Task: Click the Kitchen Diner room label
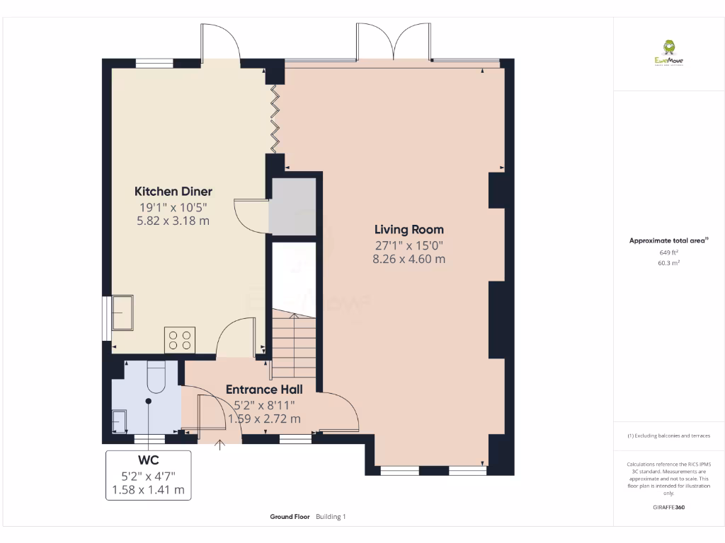[x=173, y=192]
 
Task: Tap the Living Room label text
[x=409, y=230]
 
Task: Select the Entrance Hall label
[x=264, y=390]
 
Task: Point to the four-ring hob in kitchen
[x=180, y=339]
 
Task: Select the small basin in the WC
[x=119, y=421]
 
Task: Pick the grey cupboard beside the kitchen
[x=293, y=206]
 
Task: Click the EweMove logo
[x=668, y=53]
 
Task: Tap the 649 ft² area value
[x=668, y=252]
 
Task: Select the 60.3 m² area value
[x=668, y=262]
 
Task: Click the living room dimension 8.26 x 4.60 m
[x=409, y=259]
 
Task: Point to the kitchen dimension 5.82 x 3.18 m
[x=173, y=221]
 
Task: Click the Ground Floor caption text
[x=290, y=517]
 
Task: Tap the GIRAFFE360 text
[x=668, y=507]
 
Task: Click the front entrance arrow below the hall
[x=219, y=445]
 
